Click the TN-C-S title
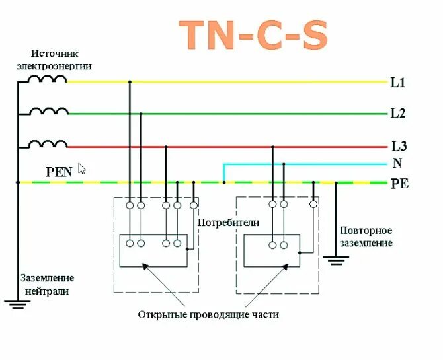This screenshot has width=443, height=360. pos(253,35)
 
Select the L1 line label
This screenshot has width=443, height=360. pos(398,83)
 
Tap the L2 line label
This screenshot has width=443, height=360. pos(398,114)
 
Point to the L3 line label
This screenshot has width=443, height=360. pos(399,146)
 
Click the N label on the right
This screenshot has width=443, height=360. pos(397,163)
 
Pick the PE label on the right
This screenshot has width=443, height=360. pos(400,184)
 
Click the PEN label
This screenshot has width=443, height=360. pos(58,172)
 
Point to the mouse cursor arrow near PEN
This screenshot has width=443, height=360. pos(82,168)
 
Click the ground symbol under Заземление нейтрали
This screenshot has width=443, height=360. pos(18,305)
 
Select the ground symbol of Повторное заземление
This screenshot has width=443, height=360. pos(337,260)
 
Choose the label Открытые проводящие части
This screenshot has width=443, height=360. pos(208,315)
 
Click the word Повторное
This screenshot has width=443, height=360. pos(366,231)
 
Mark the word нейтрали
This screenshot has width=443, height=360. pos(46,291)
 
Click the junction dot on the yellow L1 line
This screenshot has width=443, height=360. pos(130,82)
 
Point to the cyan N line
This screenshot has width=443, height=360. pos(304,164)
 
